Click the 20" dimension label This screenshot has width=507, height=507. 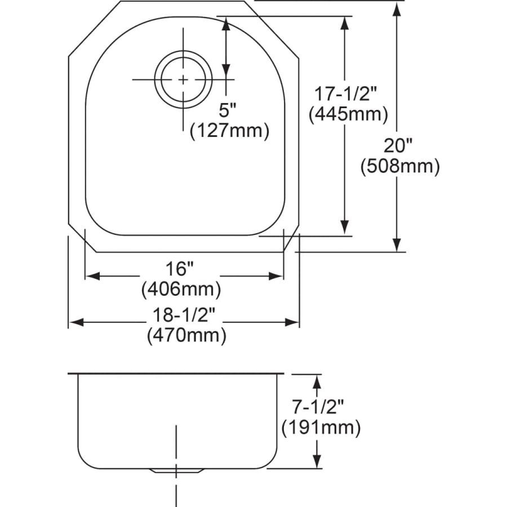click(x=398, y=146)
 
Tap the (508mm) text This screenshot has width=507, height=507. click(x=399, y=166)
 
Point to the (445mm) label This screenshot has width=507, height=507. click(x=348, y=114)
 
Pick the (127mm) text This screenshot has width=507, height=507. click(x=228, y=131)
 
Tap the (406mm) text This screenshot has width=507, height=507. click(x=180, y=290)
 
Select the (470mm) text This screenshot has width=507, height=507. click(x=186, y=336)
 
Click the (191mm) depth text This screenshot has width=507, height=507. click(x=320, y=428)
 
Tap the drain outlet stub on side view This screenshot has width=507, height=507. click(x=177, y=470)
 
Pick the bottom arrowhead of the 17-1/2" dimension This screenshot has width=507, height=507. click(x=345, y=228)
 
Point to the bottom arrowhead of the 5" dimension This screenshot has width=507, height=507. click(x=226, y=70)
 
